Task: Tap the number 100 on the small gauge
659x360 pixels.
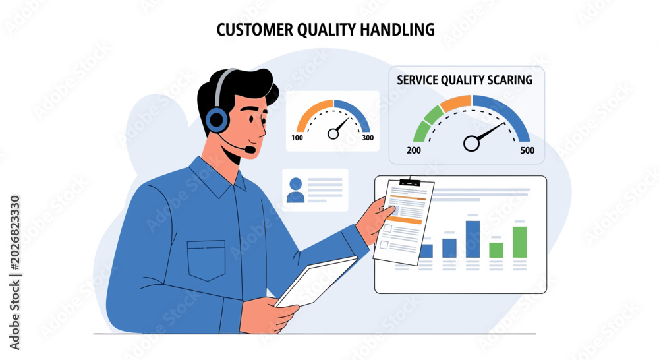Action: pyautogui.click(x=297, y=138)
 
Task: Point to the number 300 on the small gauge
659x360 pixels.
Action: pyautogui.click(x=368, y=138)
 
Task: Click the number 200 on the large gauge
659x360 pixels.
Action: pyautogui.click(x=414, y=150)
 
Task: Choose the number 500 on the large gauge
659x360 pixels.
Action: pyautogui.click(x=527, y=150)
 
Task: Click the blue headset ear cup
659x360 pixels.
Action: pyautogui.click(x=217, y=119)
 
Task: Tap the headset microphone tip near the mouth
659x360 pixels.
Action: pyautogui.click(x=250, y=149)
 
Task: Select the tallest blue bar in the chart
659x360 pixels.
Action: pyautogui.click(x=473, y=239)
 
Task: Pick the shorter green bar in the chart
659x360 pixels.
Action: pyautogui.click(x=496, y=251)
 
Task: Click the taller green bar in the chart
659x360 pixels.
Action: pyautogui.click(x=520, y=242)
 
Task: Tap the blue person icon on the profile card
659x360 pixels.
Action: pyautogui.click(x=295, y=190)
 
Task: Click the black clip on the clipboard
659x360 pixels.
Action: pyautogui.click(x=410, y=182)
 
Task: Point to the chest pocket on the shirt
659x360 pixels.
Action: pyautogui.click(x=206, y=260)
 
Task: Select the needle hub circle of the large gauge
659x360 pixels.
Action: pyautogui.click(x=471, y=144)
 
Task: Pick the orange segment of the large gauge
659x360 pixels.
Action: pyautogui.click(x=455, y=104)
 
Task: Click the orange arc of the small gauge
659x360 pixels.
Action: pyautogui.click(x=314, y=113)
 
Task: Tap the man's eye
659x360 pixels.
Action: pyautogui.click(x=251, y=119)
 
